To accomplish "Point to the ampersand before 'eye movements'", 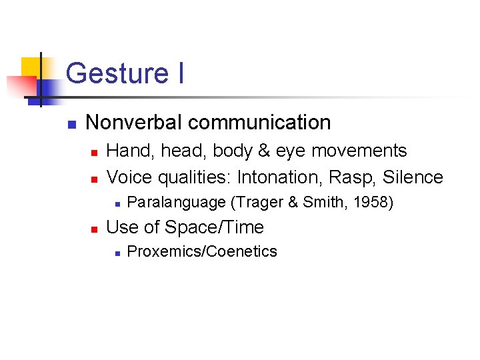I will (x=266, y=151).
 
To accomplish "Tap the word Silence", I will (x=413, y=177).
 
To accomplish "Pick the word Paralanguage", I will (x=176, y=202).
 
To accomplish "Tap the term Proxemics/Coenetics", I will (x=201, y=251).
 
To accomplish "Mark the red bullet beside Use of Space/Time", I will (x=94, y=229).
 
